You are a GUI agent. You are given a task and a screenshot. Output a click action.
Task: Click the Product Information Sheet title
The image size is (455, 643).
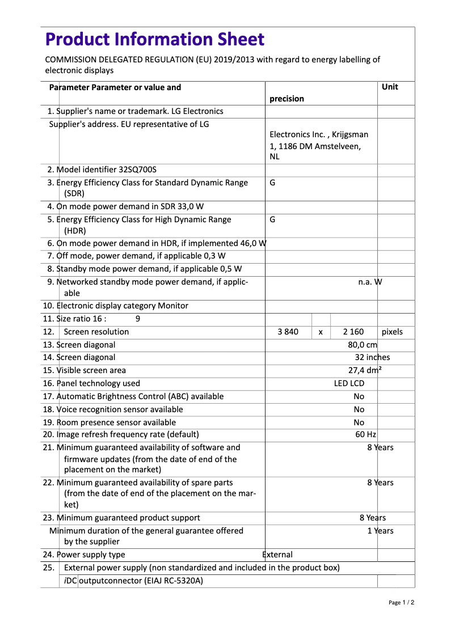[155, 40]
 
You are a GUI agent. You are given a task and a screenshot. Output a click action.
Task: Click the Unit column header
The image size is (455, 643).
[390, 87]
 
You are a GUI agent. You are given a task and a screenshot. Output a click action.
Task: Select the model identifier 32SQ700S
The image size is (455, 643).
[137, 170]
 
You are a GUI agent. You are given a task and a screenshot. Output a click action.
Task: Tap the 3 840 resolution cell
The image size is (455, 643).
[288, 332]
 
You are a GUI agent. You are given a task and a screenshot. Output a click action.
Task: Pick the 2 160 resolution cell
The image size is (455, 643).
[353, 332]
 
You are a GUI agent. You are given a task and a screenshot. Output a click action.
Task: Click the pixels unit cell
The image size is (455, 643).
[392, 332]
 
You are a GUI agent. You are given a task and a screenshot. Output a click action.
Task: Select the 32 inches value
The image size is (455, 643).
[372, 357]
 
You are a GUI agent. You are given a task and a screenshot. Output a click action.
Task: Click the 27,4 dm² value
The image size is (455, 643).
[364, 370]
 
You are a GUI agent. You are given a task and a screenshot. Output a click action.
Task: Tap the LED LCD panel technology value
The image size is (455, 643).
[349, 383]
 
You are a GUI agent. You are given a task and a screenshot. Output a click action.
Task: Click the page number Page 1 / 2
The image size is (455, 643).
[401, 602]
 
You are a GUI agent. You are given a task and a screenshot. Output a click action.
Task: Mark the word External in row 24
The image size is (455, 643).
[277, 555]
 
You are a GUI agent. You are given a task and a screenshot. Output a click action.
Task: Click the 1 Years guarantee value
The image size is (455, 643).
[380, 531]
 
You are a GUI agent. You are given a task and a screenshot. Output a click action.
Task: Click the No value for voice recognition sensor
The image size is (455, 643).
[359, 409]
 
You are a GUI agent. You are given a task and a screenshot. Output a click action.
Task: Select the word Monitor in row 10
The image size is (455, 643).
[173, 306]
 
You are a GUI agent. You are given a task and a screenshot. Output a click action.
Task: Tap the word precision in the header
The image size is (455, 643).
[287, 99]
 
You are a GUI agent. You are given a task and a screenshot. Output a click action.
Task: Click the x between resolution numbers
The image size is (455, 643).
[321, 332]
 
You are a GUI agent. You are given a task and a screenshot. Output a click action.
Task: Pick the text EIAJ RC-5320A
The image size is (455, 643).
[173, 581]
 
